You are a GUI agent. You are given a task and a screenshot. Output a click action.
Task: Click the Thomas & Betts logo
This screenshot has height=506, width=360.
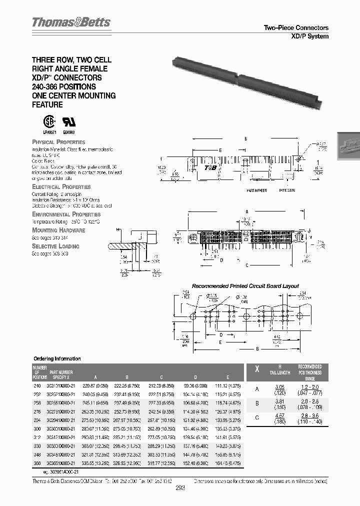[x=71, y=22]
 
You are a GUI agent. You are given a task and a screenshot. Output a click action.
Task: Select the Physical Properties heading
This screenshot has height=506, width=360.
[x=58, y=142]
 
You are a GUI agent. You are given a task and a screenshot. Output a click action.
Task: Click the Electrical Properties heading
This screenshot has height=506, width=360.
[x=60, y=186]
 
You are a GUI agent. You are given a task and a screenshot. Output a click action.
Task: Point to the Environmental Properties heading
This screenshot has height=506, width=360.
[x=66, y=214]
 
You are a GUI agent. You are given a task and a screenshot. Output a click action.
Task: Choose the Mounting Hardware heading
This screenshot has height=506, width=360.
[x=58, y=230]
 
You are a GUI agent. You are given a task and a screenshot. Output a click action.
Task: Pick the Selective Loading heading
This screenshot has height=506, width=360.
[x=55, y=246]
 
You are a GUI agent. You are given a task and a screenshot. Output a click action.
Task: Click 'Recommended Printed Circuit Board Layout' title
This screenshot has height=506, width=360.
[x=245, y=286]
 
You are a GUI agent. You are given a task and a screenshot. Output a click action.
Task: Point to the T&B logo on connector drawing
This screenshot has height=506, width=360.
[x=210, y=167]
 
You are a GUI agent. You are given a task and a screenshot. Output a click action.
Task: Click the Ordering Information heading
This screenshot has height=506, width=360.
[x=56, y=359]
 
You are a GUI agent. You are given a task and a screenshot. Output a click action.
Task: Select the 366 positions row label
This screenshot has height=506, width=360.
[x=37, y=464]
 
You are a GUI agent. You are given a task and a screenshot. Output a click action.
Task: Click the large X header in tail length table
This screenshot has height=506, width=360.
[x=257, y=369]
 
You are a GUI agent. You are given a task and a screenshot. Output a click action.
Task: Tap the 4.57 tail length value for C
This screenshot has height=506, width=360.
[x=280, y=415]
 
